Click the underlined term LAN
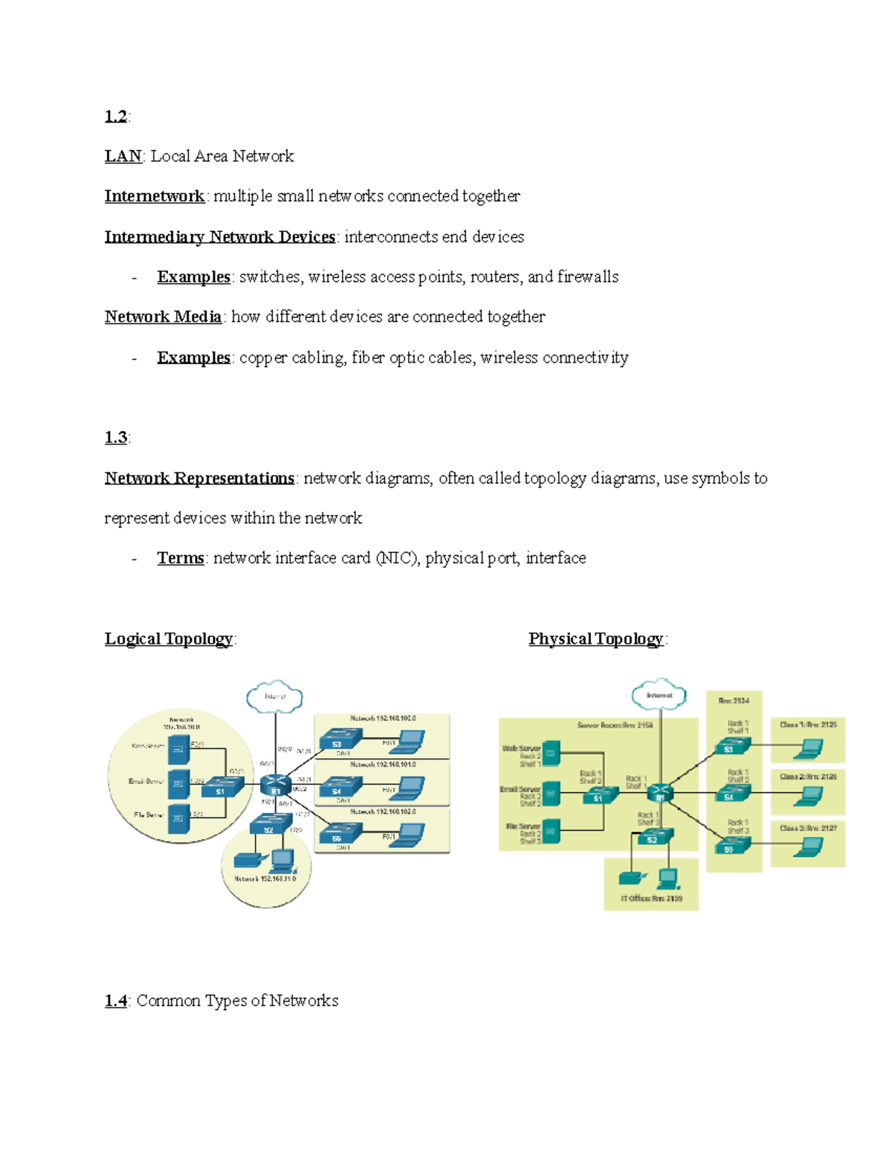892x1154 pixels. [123, 156]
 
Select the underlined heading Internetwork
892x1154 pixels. [154, 196]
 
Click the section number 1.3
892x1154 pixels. [116, 438]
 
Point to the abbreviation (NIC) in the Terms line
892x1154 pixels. [397, 558]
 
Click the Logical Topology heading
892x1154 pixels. [169, 639]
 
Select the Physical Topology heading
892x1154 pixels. [595, 639]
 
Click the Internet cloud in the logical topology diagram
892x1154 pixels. [274, 696]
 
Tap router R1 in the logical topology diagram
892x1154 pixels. [276, 785]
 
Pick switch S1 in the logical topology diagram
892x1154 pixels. [221, 787]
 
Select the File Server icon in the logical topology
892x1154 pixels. [178, 817]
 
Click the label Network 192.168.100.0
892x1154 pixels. [383, 719]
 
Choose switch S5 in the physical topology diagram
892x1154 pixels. [731, 845]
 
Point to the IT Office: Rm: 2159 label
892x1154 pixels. [651, 898]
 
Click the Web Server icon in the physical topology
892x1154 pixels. [551, 753]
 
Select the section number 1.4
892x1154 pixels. [116, 1001]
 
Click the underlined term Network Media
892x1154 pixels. [163, 317]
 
